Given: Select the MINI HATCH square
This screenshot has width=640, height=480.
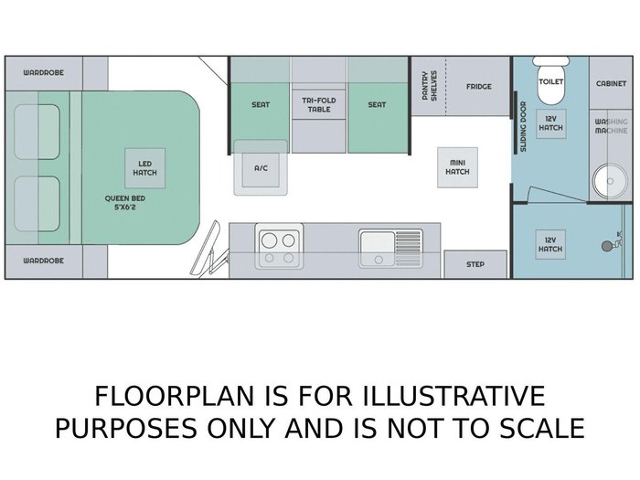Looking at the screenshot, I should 458,167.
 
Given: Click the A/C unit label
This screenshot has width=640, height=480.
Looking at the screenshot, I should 261,167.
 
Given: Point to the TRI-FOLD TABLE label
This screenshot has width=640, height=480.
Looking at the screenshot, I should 318,105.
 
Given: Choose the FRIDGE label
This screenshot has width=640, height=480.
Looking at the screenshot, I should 478,87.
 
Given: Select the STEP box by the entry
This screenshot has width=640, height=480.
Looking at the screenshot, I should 475,264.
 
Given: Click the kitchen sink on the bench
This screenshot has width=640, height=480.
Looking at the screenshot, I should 390,246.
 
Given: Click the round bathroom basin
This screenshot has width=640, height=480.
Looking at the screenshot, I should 604,179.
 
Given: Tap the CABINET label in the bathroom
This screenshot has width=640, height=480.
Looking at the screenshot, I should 610,82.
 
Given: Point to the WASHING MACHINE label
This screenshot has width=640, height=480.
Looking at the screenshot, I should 612,127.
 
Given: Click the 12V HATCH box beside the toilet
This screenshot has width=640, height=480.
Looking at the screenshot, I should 550,123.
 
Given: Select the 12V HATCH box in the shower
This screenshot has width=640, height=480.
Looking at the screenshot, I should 550,244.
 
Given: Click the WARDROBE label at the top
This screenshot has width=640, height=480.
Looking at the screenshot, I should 43,72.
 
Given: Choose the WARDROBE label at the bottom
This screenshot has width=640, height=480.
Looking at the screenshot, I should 43,261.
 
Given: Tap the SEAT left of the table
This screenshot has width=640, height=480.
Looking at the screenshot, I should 261,105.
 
